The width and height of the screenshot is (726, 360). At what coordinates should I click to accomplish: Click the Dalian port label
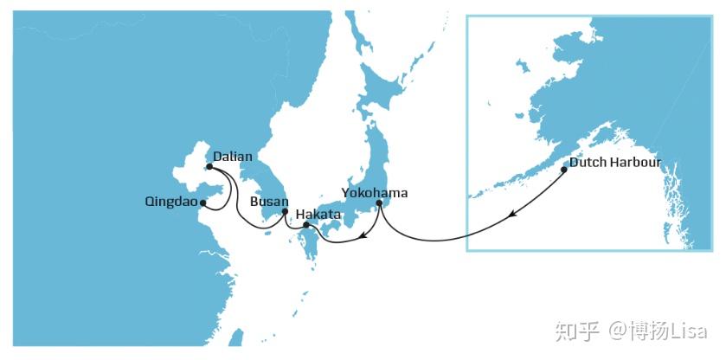coord(233,157)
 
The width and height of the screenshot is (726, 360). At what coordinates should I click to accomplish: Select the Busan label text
coord(263,202)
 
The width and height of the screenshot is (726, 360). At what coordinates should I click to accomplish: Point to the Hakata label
coord(318,213)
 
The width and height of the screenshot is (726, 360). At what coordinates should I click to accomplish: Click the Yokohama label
coord(374,192)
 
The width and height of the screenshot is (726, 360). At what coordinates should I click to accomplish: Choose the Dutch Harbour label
coord(614,163)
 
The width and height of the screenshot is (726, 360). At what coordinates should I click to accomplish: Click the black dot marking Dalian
coord(209,167)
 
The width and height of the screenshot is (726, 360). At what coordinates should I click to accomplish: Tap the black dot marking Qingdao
coord(202,203)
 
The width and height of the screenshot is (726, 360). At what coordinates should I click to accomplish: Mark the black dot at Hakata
coord(306,225)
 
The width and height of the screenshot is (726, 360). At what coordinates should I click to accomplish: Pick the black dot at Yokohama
coord(379,203)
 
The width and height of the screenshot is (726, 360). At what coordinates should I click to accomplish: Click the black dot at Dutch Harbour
coord(564,170)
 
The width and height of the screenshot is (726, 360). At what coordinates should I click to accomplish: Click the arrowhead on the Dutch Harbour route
coord(513,214)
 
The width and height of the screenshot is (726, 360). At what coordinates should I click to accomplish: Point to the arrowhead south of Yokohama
coord(365,234)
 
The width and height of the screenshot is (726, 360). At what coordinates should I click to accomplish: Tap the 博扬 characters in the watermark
coord(646,331)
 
